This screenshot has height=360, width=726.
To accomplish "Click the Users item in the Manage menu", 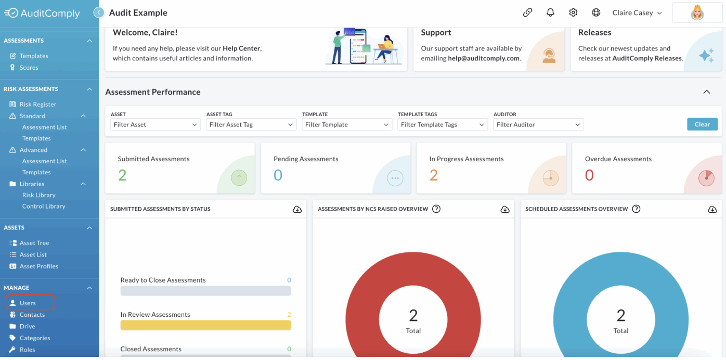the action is coord(28,303).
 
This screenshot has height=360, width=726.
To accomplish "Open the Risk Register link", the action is coord(37,104).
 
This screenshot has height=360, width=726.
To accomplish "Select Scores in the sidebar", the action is coord(29,68).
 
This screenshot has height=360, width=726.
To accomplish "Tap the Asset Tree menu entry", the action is coord(34,243).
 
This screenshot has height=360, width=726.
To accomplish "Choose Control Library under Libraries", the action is coord(44,206).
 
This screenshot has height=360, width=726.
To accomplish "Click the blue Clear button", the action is coord(702,124).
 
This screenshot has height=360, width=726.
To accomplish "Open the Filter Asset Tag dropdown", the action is coord(251,124).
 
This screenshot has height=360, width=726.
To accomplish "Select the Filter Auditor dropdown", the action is coord(538,124).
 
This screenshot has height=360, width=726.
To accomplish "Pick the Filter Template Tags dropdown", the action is coord(443,124).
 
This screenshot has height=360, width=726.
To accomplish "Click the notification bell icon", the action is coord(550,12).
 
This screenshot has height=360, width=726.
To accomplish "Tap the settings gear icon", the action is coord(573,12).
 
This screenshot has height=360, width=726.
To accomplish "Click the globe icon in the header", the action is coord(595,12).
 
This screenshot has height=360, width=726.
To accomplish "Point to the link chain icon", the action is coord(527,12).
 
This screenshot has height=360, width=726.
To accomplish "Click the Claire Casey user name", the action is coord(632,12).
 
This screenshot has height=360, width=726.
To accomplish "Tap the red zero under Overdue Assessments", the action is coord(589,175).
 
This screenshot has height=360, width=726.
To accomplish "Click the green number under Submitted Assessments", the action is coord(122,175).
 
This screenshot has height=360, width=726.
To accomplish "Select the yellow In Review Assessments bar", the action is coord(206,325).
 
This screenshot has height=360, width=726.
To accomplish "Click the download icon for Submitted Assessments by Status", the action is coord(297,209).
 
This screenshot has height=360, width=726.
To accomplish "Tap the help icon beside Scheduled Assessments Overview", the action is coord(636,209).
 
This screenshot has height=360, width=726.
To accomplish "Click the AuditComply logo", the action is coord(42,13).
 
